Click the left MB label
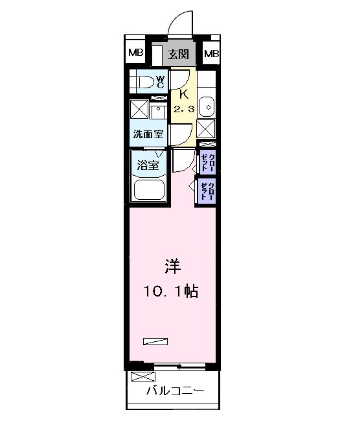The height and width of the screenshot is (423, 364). pyautogui.click(x=135, y=53)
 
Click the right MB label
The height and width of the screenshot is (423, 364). pyautogui.click(x=212, y=53)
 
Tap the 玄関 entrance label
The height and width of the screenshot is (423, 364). pyautogui.click(x=179, y=54)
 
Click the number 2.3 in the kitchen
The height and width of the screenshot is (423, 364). pyautogui.click(x=183, y=108)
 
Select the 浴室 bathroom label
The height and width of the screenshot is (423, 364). pyautogui.click(x=147, y=165)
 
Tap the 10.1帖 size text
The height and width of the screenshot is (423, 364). pyautogui.click(x=170, y=291)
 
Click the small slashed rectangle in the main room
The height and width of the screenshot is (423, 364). pyautogui.click(x=155, y=340)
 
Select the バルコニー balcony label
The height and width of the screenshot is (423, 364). pyautogui.click(x=174, y=391)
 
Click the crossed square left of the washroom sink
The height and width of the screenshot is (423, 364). pyautogui.click(x=139, y=108)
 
